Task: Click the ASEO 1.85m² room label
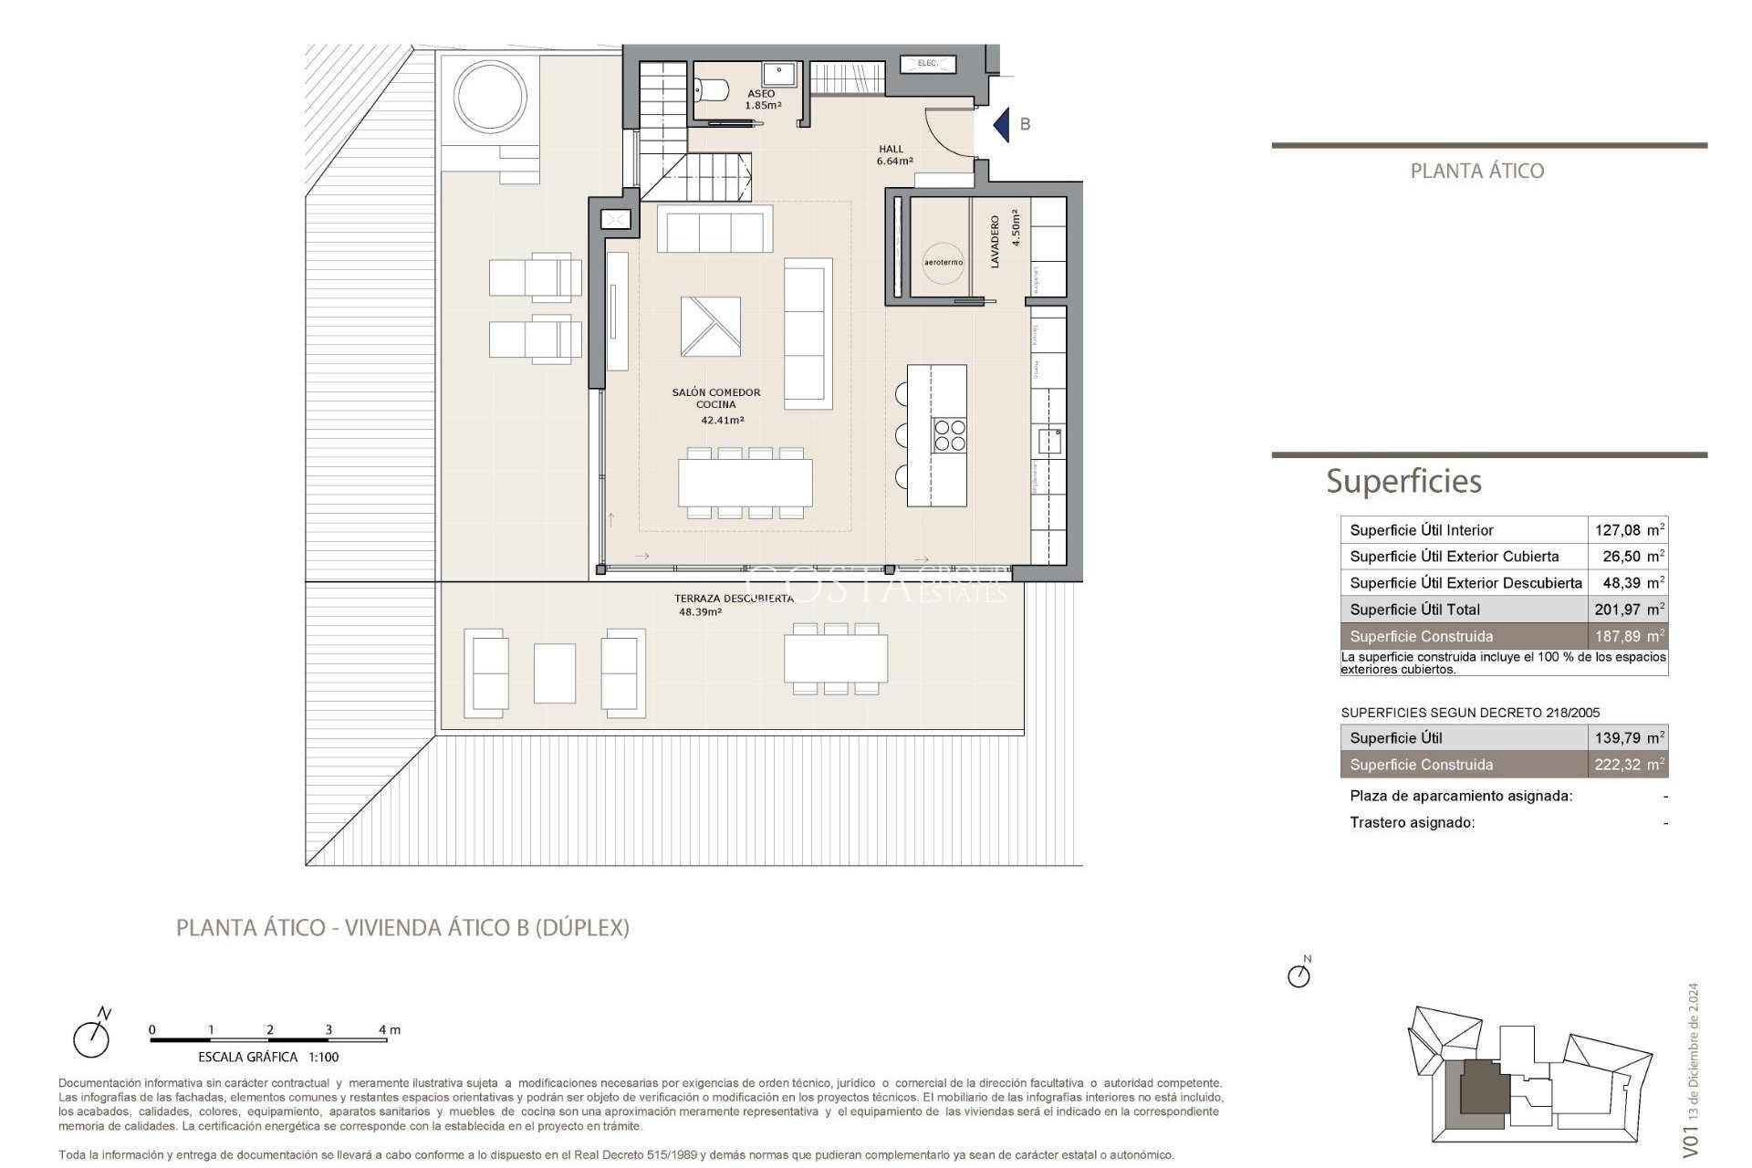click(x=762, y=99)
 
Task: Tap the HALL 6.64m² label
click(x=893, y=155)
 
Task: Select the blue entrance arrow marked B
click(x=1002, y=124)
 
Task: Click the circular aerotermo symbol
click(x=943, y=262)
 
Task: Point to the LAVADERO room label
click(x=996, y=241)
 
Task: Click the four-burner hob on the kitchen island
click(x=949, y=434)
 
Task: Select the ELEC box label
click(x=927, y=64)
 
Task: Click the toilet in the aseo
click(x=712, y=89)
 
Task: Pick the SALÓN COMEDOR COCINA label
click(x=716, y=399)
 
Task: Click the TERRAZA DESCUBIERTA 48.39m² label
click(x=733, y=605)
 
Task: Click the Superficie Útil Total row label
click(x=1414, y=610)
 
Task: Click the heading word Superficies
click(x=1403, y=481)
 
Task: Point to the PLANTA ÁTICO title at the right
click(x=1476, y=171)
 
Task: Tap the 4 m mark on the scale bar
click(x=387, y=1030)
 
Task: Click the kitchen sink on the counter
click(x=1049, y=441)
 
